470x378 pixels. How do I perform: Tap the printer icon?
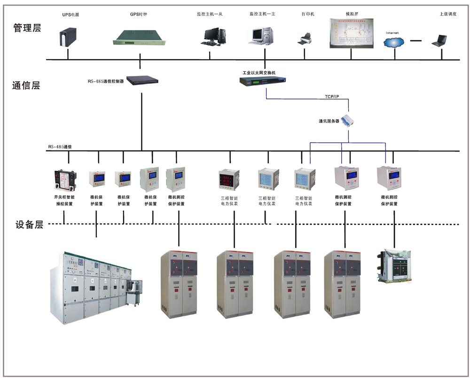pyautogui.click(x=304, y=39)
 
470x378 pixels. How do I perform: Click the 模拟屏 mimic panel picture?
pyautogui.click(x=351, y=34)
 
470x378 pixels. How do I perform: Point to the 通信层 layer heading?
pyautogui.click(x=26, y=85)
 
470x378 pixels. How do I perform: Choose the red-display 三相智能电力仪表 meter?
pyautogui.click(x=229, y=180)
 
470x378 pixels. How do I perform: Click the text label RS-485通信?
pyautogui.click(x=60, y=147)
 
